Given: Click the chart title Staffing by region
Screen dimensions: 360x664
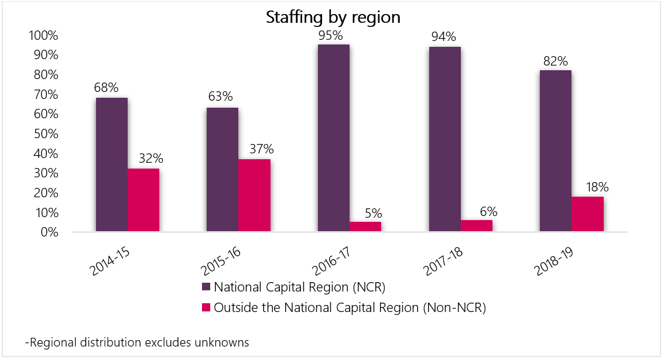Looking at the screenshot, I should pyautogui.click(x=333, y=17).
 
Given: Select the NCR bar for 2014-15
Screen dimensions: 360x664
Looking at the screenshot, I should pyautogui.click(x=111, y=165).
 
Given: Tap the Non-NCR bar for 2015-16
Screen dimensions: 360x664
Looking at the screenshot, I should pyautogui.click(x=254, y=196).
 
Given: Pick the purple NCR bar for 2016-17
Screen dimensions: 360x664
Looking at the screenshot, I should pyautogui.click(x=333, y=138).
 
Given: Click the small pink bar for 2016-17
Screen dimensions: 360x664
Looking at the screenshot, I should pyautogui.click(x=365, y=227).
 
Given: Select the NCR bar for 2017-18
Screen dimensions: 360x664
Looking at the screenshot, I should pyautogui.click(x=444, y=139).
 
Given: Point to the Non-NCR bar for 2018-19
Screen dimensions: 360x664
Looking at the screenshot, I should pyautogui.click(x=587, y=214).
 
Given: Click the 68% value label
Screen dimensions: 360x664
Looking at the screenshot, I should pyautogui.click(x=106, y=88).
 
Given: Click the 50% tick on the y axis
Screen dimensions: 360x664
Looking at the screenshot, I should pyautogui.click(x=43, y=133).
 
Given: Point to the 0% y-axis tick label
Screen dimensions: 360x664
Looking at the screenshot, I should pyautogui.click(x=48, y=232).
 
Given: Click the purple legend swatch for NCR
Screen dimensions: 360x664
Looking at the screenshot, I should pyautogui.click(x=206, y=287).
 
